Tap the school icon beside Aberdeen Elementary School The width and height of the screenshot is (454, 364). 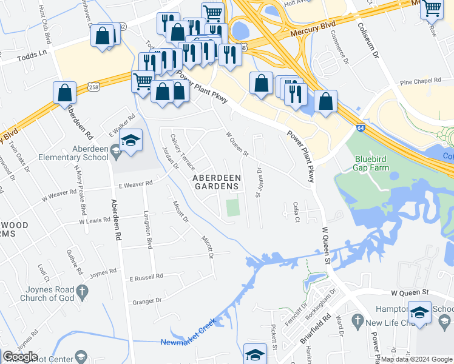pyautogui.click(x=130, y=142)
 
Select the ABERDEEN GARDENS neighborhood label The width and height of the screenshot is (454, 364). pyautogui.click(x=217, y=182)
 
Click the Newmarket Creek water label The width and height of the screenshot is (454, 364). pyautogui.click(x=189, y=342)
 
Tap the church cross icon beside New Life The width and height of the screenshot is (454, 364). pyautogui.click(x=358, y=320)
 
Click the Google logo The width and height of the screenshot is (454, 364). pyautogui.click(x=21, y=357)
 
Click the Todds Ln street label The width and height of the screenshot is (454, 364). pyautogui.click(x=32, y=53)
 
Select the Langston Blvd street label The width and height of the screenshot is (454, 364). pyautogui.click(x=147, y=231)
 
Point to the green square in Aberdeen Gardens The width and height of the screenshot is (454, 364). pyautogui.click(x=232, y=207)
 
